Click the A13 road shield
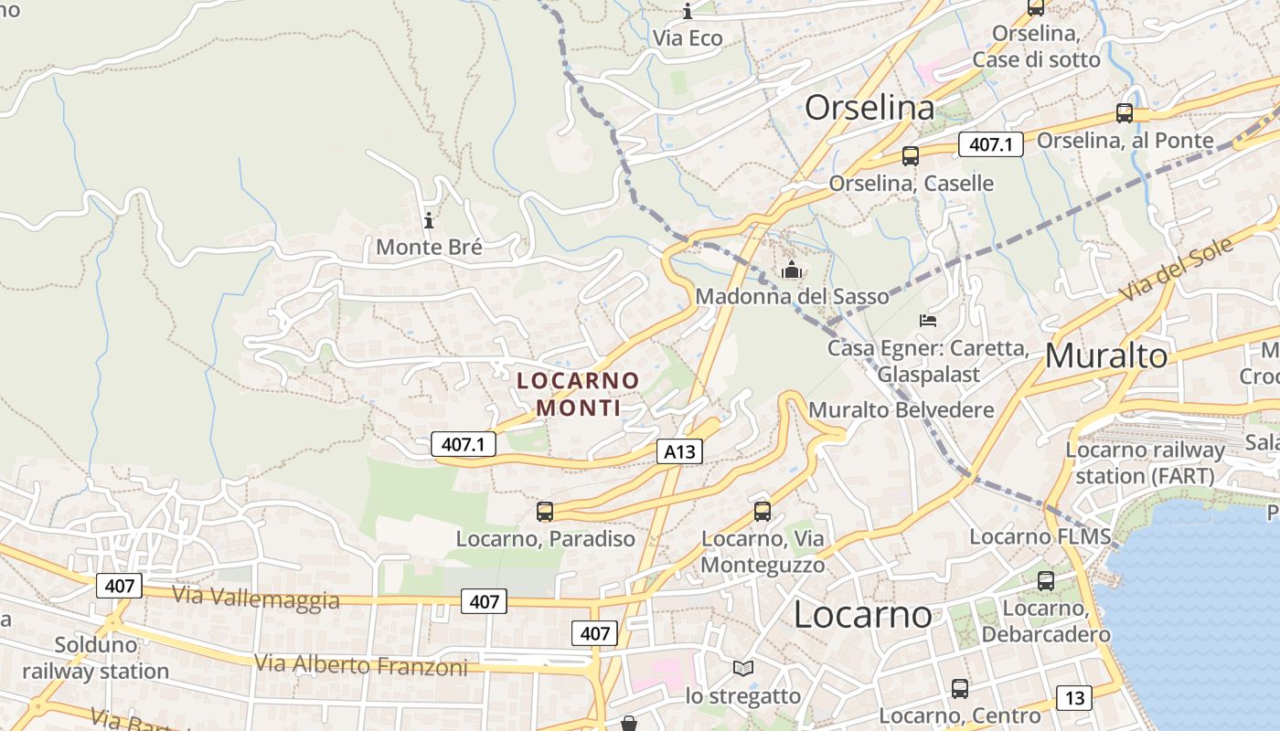tap(679, 450)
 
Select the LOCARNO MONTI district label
tap(578, 394)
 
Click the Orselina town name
tap(869, 108)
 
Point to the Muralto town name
tap(1106, 355)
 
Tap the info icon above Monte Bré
tap(429, 220)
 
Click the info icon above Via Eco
tap(688, 11)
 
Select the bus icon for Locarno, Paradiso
tap(545, 511)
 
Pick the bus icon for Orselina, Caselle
tap(911, 155)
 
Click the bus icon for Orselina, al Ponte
tap(1125, 113)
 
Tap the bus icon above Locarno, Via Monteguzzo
tap(763, 511)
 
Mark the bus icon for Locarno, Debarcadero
tap(1046, 580)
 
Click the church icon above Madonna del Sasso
tap(792, 270)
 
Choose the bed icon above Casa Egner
tap(928, 321)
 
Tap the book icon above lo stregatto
tap(743, 669)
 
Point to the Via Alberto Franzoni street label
tap(361, 664)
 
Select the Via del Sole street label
tap(1175, 267)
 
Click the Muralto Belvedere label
tap(901, 409)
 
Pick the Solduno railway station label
tap(96, 658)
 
